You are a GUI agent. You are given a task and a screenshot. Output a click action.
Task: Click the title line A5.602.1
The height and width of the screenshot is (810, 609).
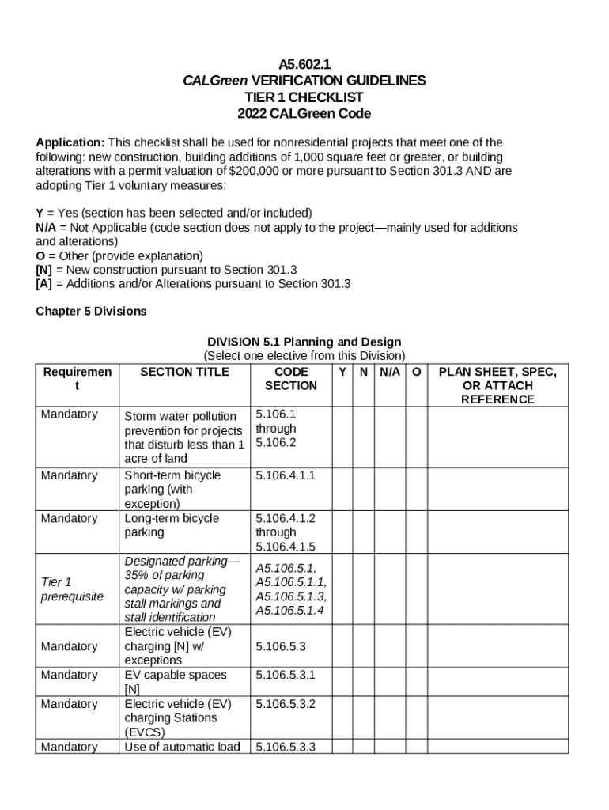304,63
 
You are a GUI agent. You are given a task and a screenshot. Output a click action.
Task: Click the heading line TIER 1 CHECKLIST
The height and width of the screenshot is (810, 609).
304,97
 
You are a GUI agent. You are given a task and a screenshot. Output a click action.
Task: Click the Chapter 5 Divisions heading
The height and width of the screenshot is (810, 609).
91,312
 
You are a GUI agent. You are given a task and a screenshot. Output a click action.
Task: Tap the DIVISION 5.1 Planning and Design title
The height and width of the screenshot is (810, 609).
304,342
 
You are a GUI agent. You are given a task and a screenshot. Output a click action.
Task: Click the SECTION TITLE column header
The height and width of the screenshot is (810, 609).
184,372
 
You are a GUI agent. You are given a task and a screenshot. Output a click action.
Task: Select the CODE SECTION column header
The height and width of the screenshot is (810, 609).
290,379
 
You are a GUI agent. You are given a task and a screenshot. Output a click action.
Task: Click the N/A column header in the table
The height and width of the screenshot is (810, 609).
389,372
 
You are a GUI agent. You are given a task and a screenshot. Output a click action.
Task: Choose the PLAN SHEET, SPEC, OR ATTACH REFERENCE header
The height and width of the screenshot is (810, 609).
497,385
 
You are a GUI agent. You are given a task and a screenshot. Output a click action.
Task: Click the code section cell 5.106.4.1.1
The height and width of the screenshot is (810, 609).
286,475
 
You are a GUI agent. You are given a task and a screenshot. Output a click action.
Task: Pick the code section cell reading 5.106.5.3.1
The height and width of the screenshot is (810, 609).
286,675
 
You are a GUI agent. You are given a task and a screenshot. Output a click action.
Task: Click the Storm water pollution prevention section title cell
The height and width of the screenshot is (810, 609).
183,437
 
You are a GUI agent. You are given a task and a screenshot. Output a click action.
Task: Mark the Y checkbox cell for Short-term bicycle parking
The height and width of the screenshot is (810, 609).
342,488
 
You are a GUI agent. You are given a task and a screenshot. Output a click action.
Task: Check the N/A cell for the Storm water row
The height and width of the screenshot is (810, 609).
389,436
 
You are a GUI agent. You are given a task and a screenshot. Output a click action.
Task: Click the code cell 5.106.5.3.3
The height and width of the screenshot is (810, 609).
286,747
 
